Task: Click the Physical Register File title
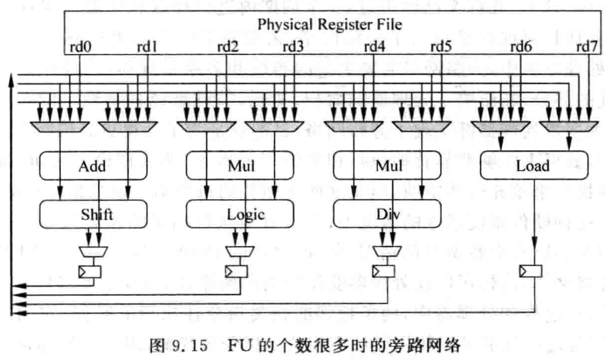[329, 25]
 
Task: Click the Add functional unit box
[93, 166]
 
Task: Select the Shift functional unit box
[93, 214]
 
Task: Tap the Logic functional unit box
[240, 214]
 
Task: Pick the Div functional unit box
[386, 214]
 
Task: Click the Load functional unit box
[533, 166]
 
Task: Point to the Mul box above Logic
[240, 166]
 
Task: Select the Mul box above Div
[386, 166]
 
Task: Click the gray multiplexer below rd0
[59, 126]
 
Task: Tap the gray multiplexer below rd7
[568, 126]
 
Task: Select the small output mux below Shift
[93, 250]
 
